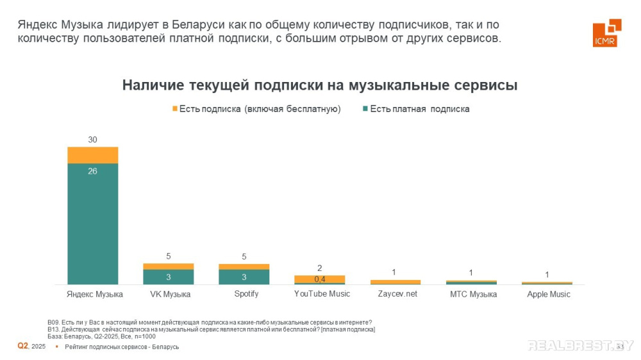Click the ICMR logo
click(x=606, y=33)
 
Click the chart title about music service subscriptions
click(x=320, y=85)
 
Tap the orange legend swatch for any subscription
click(x=174, y=109)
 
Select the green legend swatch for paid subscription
click(x=365, y=109)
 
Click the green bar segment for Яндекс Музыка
click(x=92, y=224)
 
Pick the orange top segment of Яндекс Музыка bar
click(x=92, y=155)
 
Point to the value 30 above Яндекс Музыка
click(x=92, y=140)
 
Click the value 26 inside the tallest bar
click(x=92, y=171)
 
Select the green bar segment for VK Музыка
click(x=168, y=277)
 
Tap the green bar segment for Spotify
click(x=244, y=277)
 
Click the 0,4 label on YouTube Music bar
click(x=319, y=279)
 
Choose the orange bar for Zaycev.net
click(x=395, y=282)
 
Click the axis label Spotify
click(x=244, y=294)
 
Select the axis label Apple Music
click(x=548, y=294)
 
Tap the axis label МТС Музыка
click(x=472, y=294)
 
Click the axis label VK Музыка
click(x=168, y=294)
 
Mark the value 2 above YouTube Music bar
click(x=319, y=268)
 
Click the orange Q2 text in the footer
click(x=22, y=346)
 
